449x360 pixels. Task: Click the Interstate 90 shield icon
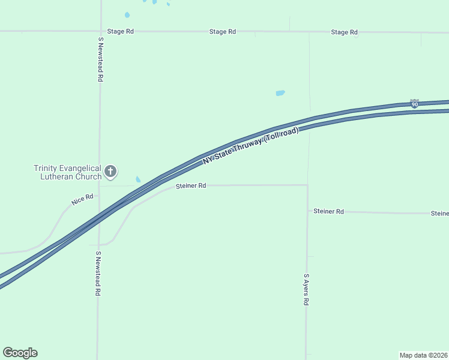pyautogui.click(x=415, y=104)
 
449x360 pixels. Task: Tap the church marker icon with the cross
pyautogui.click(x=110, y=172)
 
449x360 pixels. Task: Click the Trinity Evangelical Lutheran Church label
pyautogui.click(x=67, y=172)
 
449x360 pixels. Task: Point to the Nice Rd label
pyautogui.click(x=82, y=200)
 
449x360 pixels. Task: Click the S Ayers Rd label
pyautogui.click(x=306, y=290)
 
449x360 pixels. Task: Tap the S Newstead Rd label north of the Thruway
pyautogui.click(x=101, y=59)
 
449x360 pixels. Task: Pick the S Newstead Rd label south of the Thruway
pyautogui.click(x=97, y=274)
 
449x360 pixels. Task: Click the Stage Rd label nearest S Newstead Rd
pyautogui.click(x=120, y=31)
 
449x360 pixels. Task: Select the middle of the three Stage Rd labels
pyautogui.click(x=222, y=31)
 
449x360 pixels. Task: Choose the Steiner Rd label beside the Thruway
pyautogui.click(x=191, y=186)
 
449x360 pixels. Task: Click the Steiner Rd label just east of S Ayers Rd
pyautogui.click(x=328, y=211)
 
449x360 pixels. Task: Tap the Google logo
pyautogui.click(x=20, y=353)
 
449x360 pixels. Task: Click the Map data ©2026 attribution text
pyautogui.click(x=423, y=355)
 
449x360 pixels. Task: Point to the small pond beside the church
pyautogui.click(x=138, y=179)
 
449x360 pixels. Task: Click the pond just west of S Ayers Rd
pyautogui.click(x=280, y=93)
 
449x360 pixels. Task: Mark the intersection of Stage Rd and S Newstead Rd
pyautogui.click(x=100, y=31)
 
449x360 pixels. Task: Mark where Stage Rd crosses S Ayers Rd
pyautogui.click(x=309, y=32)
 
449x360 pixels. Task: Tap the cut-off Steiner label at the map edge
pyautogui.click(x=439, y=214)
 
